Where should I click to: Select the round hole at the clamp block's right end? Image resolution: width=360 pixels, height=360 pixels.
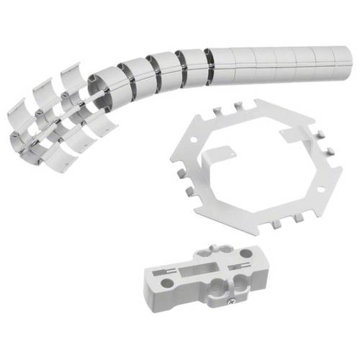(x=247, y=254)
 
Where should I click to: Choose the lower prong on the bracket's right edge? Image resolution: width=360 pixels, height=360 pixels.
(x=336, y=170)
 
